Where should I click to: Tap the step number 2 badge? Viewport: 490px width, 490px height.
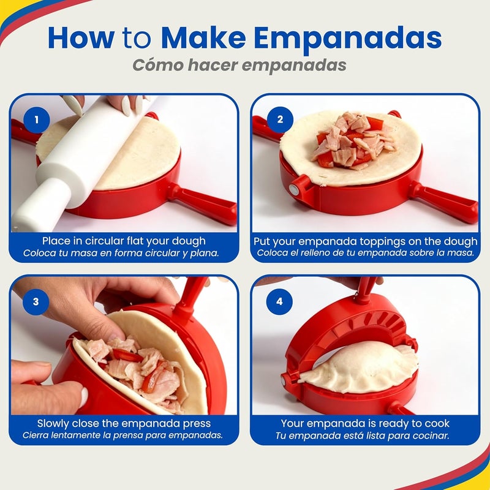[280, 120]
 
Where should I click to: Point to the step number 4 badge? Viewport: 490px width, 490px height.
[280, 301]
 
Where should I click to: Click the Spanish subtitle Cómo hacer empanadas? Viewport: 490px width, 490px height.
[245, 66]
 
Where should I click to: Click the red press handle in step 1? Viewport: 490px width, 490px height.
[202, 202]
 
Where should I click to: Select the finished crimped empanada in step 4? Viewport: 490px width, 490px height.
[361, 366]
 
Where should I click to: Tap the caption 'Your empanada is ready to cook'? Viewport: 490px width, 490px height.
[365, 423]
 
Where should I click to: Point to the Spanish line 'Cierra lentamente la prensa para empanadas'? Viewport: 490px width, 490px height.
[123, 435]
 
